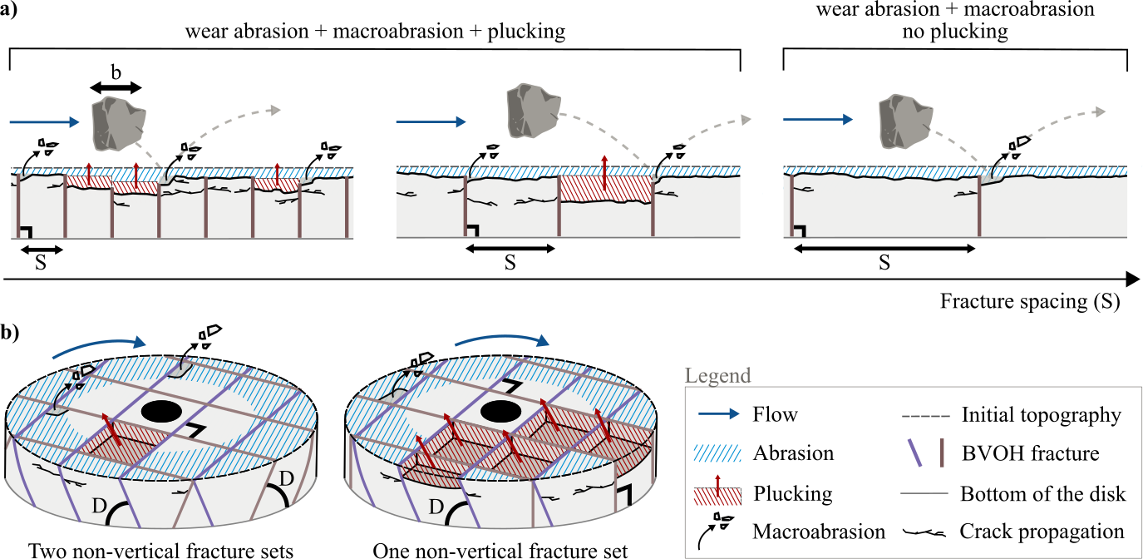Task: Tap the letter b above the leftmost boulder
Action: [116, 72]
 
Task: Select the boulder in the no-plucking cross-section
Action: [903, 115]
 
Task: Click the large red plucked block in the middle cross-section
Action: [605, 189]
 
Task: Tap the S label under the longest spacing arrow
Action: [884, 264]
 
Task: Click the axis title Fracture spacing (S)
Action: [1030, 301]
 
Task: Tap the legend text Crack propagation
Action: [1042, 532]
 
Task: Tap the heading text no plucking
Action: [954, 32]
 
